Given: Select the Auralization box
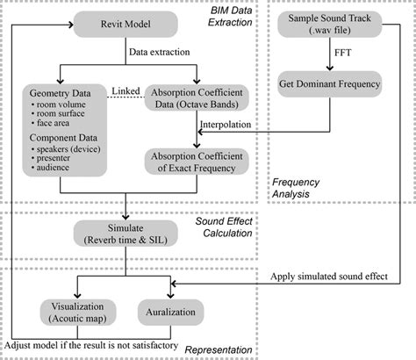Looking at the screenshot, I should click(x=170, y=313).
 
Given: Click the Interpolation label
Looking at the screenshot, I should click(x=228, y=126).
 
